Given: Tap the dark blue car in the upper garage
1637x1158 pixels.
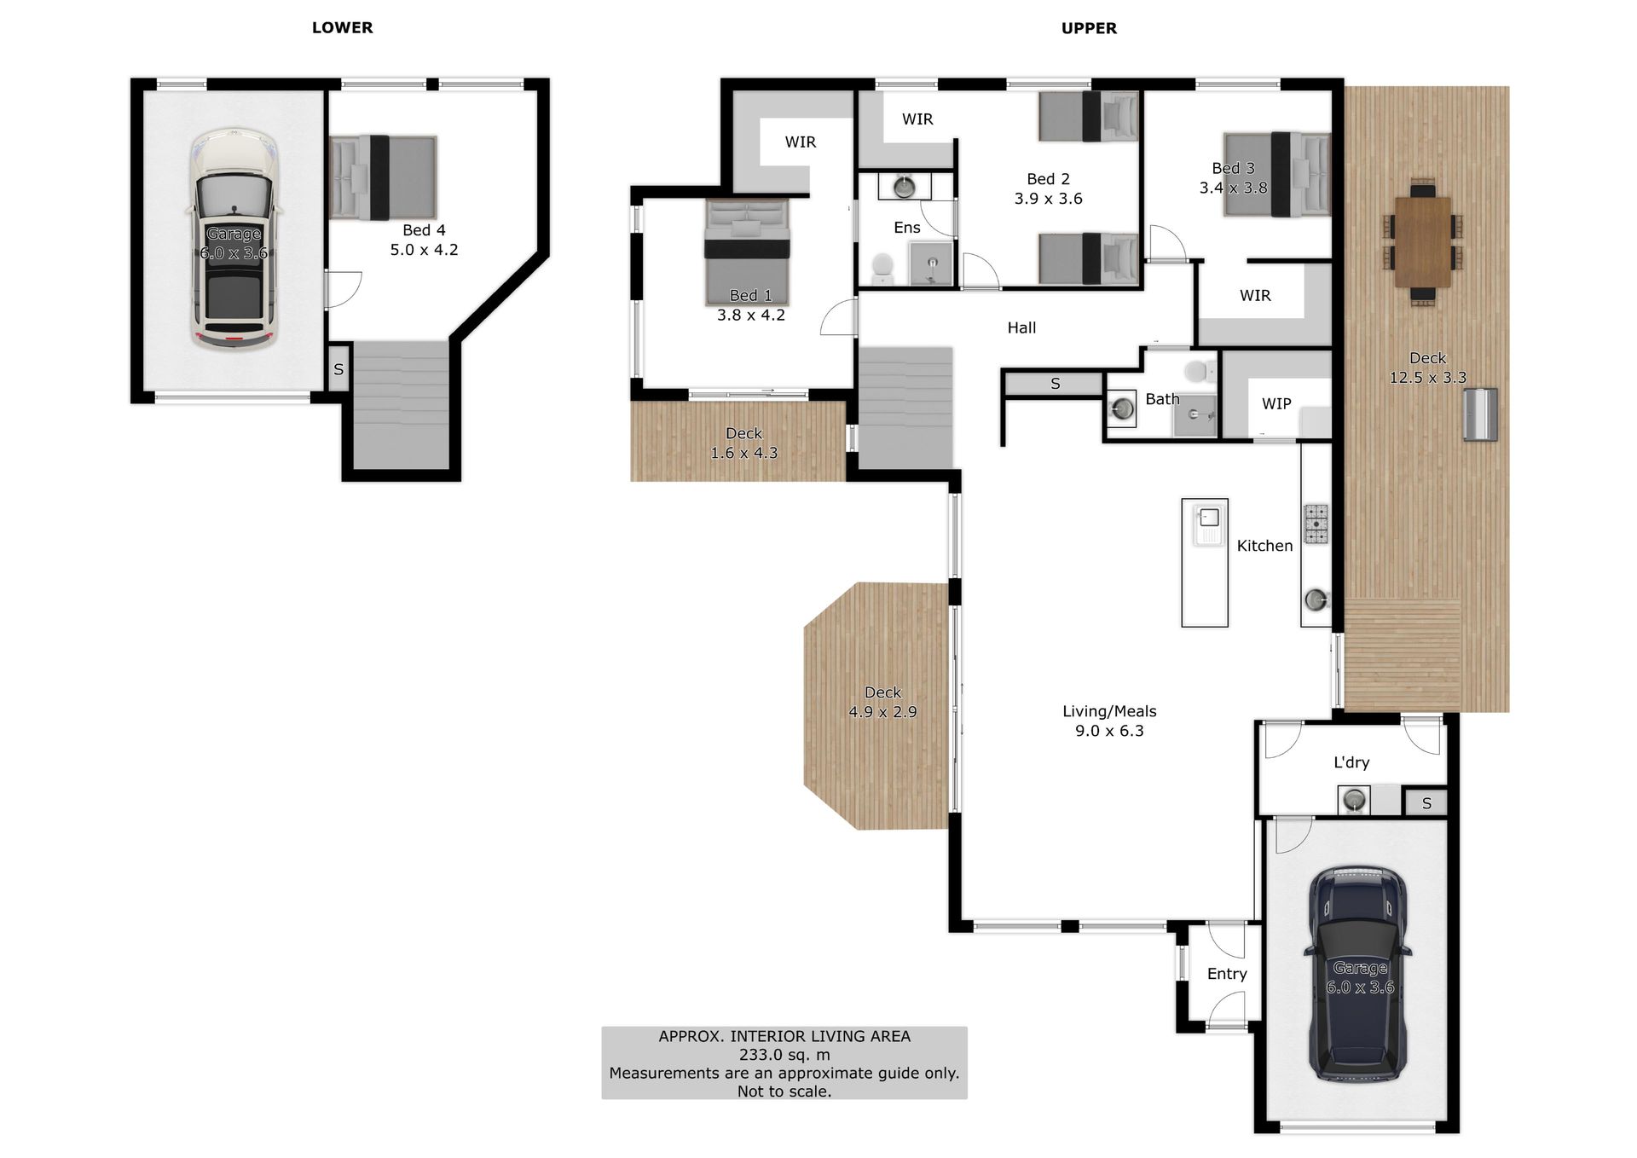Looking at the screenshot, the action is [x=1358, y=975].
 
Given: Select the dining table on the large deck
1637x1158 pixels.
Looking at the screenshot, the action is [x=1423, y=242].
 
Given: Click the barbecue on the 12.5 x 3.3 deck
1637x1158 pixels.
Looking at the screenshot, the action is [x=1480, y=414].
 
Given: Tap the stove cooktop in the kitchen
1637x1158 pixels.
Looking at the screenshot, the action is [x=1316, y=524].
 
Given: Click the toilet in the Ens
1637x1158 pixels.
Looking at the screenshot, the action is [x=882, y=268].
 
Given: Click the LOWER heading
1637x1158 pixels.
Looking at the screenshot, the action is [x=342, y=27].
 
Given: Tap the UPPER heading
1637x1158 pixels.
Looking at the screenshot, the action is [x=1089, y=28].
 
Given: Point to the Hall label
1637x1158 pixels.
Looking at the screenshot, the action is [x=1021, y=327].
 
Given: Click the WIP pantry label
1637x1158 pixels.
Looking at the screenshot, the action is [x=1276, y=403].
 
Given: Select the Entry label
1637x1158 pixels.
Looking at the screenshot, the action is [x=1227, y=974].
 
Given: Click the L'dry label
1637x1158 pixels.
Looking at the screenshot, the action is [x=1351, y=762].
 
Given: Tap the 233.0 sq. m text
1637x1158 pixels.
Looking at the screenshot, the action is [x=784, y=1055].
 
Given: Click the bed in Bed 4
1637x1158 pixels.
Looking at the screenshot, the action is [x=383, y=177].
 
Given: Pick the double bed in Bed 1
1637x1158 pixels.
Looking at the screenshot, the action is [x=747, y=252].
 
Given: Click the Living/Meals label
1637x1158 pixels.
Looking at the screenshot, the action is [x=1109, y=711].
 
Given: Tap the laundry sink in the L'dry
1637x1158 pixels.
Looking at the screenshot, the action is [x=1354, y=801].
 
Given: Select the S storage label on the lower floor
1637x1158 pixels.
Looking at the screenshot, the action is [x=338, y=369].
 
